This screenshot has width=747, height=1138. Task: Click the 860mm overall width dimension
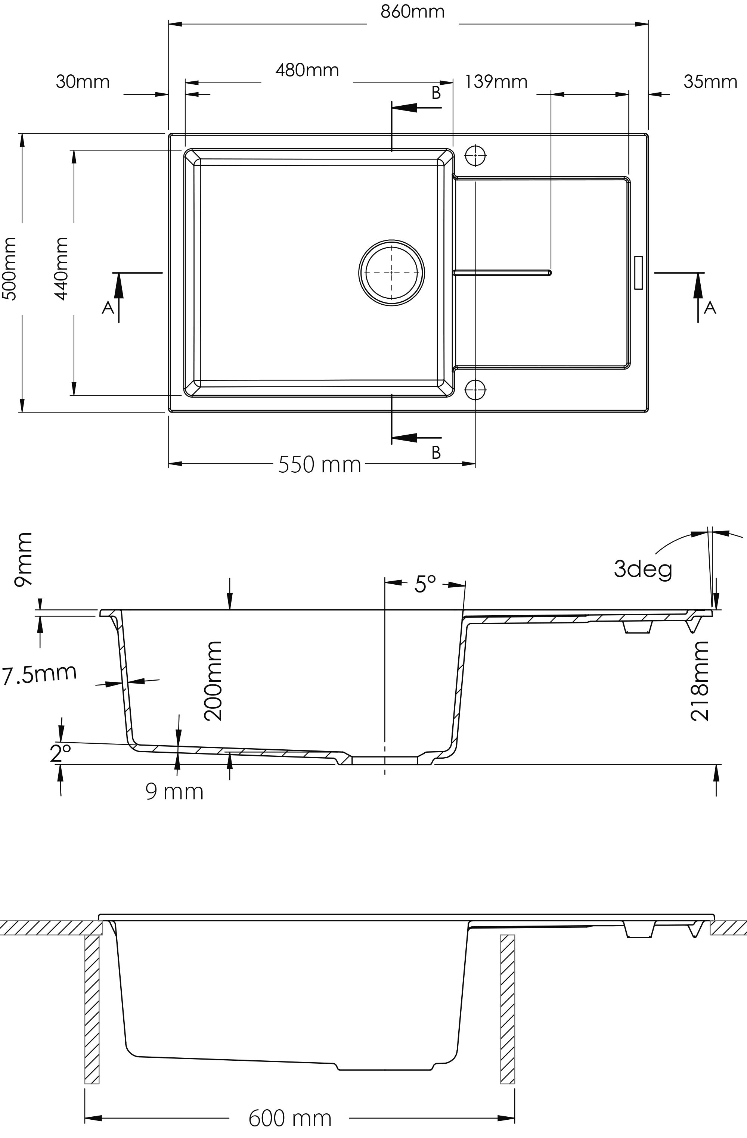tap(412, 12)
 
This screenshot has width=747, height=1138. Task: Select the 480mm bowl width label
tap(307, 70)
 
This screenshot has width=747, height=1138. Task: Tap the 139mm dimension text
tap(496, 82)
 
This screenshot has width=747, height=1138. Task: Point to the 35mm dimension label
tap(710, 82)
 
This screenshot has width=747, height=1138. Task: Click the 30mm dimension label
tap(83, 82)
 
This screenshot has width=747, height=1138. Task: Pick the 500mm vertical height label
tap(10, 269)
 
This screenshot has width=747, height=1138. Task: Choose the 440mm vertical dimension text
tap(61, 269)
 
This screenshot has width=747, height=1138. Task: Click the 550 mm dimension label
tap(319, 464)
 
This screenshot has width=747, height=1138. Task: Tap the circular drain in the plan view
tap(392, 273)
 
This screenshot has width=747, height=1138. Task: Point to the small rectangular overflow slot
tap(638, 273)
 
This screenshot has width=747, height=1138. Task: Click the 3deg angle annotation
tap(643, 569)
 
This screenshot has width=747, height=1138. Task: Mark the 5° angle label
tap(425, 584)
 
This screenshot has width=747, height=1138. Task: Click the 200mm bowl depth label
tap(213, 681)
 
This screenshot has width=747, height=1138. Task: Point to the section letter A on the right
tap(710, 307)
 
